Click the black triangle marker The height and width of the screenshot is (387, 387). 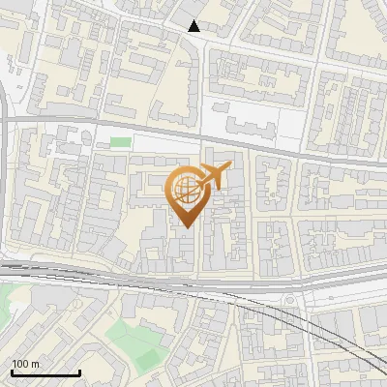(x=194, y=26)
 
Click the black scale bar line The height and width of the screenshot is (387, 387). (x=45, y=372)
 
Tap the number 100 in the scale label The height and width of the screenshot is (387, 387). (x=20, y=365)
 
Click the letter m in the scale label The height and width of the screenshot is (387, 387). (x=36, y=365)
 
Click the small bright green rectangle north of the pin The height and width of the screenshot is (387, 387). (x=120, y=143)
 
